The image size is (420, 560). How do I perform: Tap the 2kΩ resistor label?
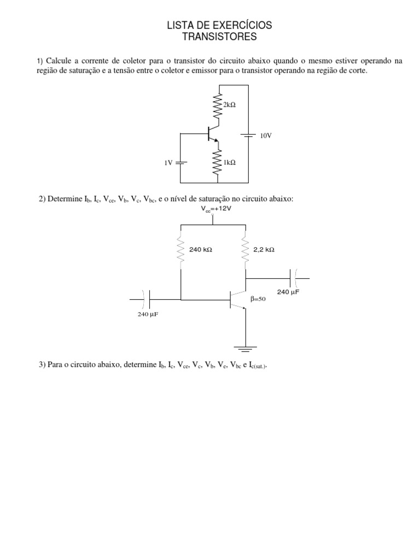229,104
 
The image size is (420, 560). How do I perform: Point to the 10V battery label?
265,135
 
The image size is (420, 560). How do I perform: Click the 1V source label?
168,162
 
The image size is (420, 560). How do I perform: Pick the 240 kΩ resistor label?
200,249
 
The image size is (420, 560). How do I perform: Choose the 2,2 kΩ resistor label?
264,249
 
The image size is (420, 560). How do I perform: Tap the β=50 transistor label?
258,299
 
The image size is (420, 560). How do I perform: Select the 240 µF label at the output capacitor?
288,292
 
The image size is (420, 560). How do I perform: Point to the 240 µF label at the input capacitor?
147,314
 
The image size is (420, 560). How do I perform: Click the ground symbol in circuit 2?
246,347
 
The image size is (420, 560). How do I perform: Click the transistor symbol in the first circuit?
214,135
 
